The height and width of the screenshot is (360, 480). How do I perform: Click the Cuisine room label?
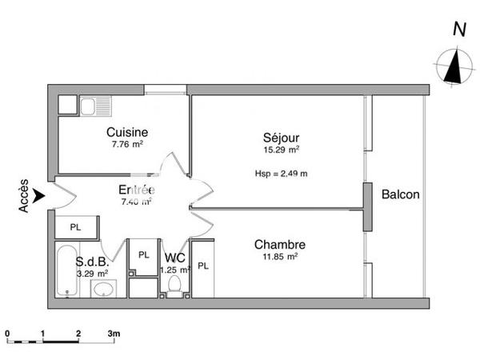coord(127,132)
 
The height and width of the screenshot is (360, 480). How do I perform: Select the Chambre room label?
coord(280,245)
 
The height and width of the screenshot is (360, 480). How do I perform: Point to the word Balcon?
coord(401,194)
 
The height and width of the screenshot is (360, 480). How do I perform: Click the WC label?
coord(175,258)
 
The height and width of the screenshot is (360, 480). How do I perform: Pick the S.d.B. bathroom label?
coord(91,262)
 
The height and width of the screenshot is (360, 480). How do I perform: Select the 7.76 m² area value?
coord(127,145)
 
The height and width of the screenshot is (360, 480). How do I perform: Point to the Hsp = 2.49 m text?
coord(282,172)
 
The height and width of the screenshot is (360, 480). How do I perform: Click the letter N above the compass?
coord(459,30)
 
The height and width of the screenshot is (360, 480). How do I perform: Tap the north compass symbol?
coord(454,64)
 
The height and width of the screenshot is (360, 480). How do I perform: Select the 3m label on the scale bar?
coord(114,332)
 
